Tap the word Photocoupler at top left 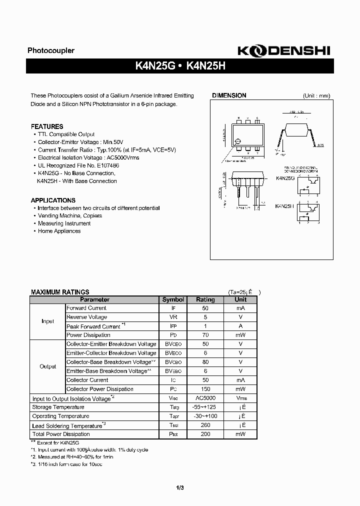click(50, 50)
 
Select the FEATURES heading click(47, 126)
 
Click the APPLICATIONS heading click(53, 200)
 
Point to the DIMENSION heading click(229, 95)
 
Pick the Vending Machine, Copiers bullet click(69, 216)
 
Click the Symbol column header click(173, 299)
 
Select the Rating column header click(205, 299)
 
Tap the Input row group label click(47, 321)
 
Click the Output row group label click(47, 366)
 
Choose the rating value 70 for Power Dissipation click(205, 335)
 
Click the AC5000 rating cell click(205, 398)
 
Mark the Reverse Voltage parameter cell click(86, 317)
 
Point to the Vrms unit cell click(240, 398)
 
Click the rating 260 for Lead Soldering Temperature click(205, 425)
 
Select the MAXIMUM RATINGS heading click(60, 292)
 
